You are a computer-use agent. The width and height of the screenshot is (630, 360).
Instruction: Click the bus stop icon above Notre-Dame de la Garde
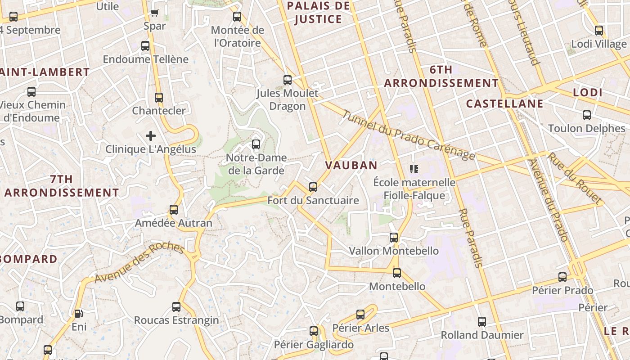(x=256, y=144)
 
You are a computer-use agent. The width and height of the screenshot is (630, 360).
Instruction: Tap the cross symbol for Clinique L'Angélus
(x=151, y=135)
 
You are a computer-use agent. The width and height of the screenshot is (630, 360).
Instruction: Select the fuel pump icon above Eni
(x=79, y=314)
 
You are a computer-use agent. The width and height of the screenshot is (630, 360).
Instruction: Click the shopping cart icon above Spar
(x=155, y=13)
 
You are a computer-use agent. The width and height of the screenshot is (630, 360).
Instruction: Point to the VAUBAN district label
(x=351, y=165)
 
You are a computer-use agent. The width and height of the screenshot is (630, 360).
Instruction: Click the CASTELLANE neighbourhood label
(x=504, y=104)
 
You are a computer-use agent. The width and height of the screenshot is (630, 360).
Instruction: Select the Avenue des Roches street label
(x=139, y=263)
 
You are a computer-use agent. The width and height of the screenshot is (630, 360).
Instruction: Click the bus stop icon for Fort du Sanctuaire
(x=313, y=187)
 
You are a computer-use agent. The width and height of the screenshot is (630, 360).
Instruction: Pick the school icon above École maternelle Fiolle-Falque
(x=414, y=169)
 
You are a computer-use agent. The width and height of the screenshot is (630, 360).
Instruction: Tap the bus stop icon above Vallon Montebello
(x=394, y=237)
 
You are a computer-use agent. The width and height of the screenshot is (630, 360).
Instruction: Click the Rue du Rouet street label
(x=575, y=177)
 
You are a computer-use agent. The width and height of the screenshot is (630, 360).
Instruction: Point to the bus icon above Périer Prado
(x=562, y=277)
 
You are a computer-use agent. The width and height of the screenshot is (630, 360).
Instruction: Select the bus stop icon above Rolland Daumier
(x=482, y=322)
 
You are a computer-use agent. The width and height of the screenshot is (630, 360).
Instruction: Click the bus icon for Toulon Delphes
(x=587, y=115)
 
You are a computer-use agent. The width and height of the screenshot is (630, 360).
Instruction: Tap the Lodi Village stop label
(x=598, y=44)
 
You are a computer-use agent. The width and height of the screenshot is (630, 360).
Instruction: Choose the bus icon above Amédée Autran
(x=174, y=209)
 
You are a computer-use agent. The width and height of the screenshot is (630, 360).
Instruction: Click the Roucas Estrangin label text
(x=176, y=320)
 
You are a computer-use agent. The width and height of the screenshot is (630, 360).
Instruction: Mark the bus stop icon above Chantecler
(x=159, y=98)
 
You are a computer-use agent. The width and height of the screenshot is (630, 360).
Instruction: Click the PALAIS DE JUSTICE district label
(x=318, y=12)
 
